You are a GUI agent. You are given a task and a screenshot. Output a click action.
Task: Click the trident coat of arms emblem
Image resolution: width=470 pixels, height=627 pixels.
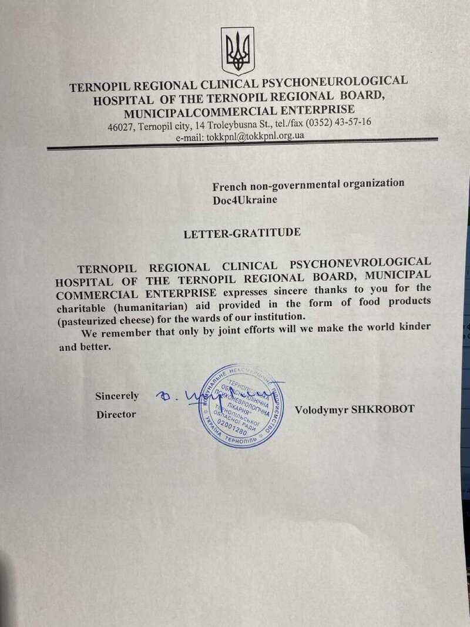[x=237, y=52]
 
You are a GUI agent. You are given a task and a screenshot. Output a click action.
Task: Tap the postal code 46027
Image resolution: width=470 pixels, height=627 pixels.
[x=119, y=127]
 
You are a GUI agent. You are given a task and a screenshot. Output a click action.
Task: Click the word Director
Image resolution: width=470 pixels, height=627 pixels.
[x=116, y=415]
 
